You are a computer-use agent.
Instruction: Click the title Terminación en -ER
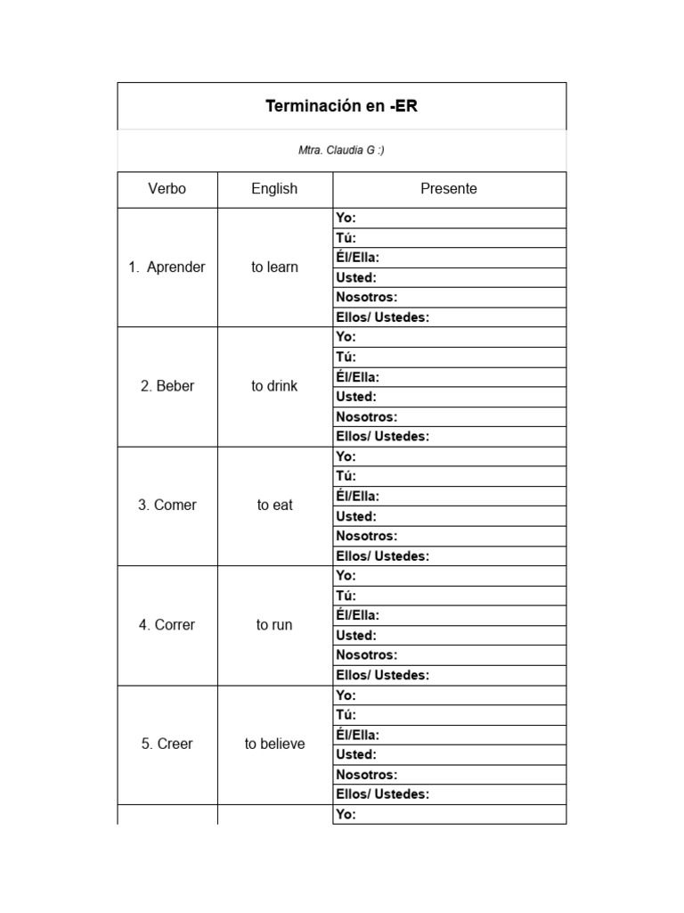[341, 107]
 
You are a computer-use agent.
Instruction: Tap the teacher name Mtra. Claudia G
[341, 151]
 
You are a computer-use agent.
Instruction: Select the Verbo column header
[167, 189]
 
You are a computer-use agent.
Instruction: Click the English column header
[274, 189]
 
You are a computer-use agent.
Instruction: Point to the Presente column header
[449, 189]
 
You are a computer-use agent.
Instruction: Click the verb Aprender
[167, 267]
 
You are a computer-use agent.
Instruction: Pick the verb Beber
[167, 386]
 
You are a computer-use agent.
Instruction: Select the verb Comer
[167, 505]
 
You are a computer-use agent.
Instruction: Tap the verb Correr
[167, 625]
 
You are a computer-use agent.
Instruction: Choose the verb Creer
[167, 744]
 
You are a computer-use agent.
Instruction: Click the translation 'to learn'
[274, 267]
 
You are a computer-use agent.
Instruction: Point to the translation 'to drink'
[274, 386]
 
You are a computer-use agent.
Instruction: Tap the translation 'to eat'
[274, 505]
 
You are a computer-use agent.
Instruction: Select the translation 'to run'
[274, 625]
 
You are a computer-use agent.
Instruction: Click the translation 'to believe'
[274, 744]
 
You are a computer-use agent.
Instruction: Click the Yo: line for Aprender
[449, 218]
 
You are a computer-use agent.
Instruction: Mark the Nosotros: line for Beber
[449, 416]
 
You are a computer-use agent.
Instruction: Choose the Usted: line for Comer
[449, 516]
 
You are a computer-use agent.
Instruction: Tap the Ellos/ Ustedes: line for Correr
[449, 675]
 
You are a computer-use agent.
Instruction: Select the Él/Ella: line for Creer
[449, 735]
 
